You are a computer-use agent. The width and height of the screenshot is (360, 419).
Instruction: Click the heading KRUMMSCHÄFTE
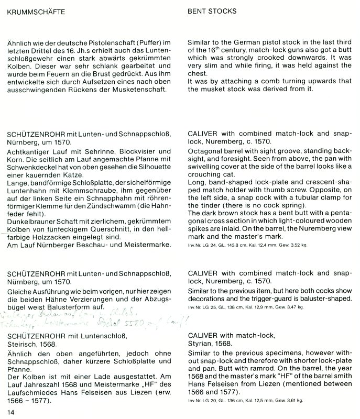pos(36,11)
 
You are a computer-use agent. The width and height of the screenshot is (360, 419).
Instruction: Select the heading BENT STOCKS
pos(212,11)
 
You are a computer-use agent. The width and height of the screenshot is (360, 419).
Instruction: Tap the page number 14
pos(10,412)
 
